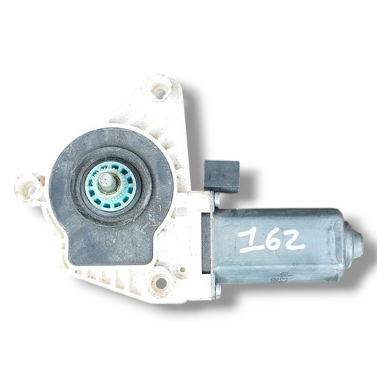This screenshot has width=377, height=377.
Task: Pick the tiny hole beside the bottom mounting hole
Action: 182,269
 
